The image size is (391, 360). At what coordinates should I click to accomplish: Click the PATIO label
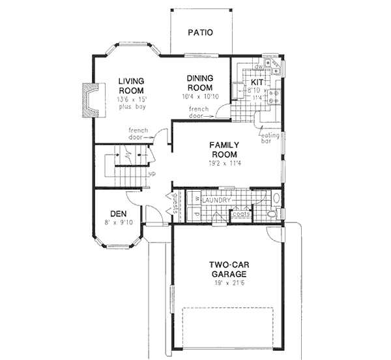coord(200,31)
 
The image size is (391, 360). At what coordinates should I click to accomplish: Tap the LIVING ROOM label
coord(130,86)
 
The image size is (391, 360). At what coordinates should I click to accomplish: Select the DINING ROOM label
coord(200,83)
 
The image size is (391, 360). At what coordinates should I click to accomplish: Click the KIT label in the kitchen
coord(258,83)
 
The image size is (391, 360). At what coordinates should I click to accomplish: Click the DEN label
coord(117,213)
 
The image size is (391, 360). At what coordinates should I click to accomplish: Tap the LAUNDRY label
coord(216,200)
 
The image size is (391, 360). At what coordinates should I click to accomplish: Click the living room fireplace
coord(89,99)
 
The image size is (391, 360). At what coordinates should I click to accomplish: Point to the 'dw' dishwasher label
coord(258,67)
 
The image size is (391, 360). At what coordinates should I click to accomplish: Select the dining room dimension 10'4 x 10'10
coord(200,97)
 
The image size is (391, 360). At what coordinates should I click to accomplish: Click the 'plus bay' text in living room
coord(130,106)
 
